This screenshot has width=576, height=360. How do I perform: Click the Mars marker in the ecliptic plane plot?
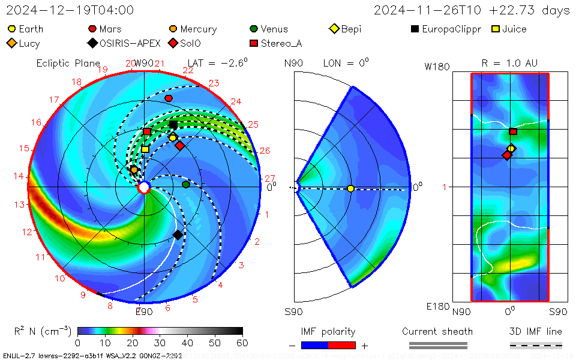click(169, 98)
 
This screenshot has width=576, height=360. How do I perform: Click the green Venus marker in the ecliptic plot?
click(186, 184)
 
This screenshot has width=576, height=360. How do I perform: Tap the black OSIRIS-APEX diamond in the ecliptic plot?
click(178, 235)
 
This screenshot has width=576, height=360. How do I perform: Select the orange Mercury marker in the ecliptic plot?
click(134, 170)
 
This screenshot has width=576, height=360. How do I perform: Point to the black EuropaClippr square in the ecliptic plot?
click(173, 125)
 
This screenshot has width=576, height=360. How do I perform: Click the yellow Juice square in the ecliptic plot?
click(145, 149)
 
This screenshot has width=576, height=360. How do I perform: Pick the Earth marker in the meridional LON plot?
click(350, 188)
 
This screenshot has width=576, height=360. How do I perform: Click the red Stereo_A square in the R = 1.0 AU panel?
click(513, 131)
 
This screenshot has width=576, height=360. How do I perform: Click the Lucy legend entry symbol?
click(11, 43)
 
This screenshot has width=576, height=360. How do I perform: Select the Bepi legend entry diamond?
click(334, 29)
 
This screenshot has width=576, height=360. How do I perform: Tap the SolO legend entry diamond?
click(173, 43)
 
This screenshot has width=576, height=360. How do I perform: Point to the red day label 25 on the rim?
click(253, 124)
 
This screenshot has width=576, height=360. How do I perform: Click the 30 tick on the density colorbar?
click(160, 343)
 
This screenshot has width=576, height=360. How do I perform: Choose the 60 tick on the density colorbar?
click(242, 343)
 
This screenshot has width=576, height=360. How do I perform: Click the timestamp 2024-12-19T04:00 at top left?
click(70, 10)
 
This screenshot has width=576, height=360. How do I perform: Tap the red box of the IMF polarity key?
click(342, 345)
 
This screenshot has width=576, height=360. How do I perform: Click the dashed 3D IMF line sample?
click(536, 345)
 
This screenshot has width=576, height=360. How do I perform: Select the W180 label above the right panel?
click(437, 67)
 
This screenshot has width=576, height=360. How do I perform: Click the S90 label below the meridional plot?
click(293, 311)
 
